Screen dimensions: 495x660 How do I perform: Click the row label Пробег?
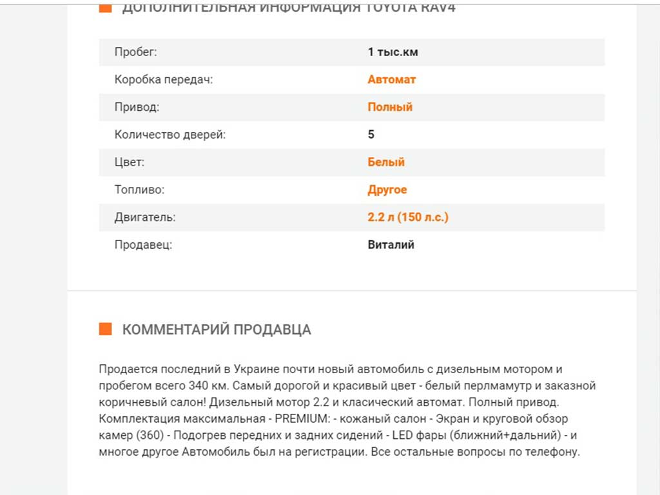[135, 52]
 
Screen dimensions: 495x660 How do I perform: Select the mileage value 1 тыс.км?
[393, 52]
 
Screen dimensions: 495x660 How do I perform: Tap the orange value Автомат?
[391, 80]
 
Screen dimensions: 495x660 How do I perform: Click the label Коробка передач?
[163, 80]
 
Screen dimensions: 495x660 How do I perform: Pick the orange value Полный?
[390, 107]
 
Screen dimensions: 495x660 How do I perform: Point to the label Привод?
[137, 107]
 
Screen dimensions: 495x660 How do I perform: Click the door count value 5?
[371, 135]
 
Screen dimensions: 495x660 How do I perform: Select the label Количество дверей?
[170, 135]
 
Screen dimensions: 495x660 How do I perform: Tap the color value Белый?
[386, 162]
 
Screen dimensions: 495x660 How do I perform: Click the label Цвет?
[129, 162]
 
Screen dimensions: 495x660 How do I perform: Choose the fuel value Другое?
[387, 190]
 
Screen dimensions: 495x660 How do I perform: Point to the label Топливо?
[139, 190]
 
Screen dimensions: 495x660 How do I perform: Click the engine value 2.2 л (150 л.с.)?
[408, 217]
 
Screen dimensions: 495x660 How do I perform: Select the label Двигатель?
[144, 217]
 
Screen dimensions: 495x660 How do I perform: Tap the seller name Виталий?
[391, 245]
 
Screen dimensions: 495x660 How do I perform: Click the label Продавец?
[143, 245]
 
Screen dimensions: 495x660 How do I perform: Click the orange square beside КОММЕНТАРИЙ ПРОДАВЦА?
[105, 329]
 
